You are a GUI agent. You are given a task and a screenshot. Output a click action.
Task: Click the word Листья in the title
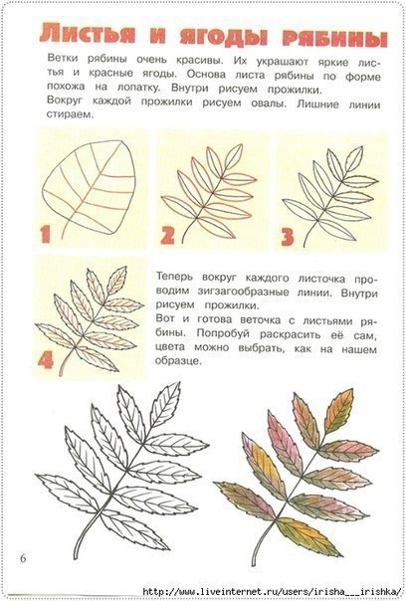coord(88,34)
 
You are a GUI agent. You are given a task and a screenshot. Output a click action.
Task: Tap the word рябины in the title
coord(335,40)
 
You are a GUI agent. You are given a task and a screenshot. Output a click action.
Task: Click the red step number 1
coord(46,234)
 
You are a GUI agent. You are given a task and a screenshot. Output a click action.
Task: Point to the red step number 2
coord(167,235)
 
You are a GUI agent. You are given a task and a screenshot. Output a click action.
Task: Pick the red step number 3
coord(288,237)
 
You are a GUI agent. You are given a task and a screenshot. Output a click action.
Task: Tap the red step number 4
coord(46,360)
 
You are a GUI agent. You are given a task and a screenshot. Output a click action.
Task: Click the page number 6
coord(23,558)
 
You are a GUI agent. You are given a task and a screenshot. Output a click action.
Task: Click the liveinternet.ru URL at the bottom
coord(274,591)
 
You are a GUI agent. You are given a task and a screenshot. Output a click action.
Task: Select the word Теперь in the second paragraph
coord(175,277)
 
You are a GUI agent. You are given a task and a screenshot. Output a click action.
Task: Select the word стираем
coord(71,114)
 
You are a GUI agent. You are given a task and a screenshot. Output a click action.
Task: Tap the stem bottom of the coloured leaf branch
coord(254,564)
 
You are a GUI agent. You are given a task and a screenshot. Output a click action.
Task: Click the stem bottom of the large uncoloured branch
coord(76,556)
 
